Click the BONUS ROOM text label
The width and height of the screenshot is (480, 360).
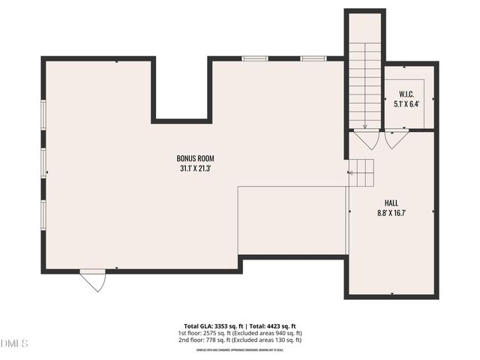(x=196, y=158)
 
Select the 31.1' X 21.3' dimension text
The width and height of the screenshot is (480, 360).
(x=196, y=169)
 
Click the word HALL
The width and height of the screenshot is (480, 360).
(x=391, y=203)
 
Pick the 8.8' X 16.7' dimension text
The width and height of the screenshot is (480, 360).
(x=391, y=214)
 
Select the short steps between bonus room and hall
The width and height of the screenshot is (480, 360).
(x=363, y=173)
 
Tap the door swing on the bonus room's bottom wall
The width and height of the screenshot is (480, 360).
(x=94, y=280)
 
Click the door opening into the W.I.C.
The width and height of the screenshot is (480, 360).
(x=396, y=139)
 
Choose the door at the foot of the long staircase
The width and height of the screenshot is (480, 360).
(x=367, y=139)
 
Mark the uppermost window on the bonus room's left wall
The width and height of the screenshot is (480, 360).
(x=43, y=117)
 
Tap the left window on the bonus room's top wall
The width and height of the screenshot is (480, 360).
(x=256, y=58)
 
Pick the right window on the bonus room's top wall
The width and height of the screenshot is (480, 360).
(x=312, y=58)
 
